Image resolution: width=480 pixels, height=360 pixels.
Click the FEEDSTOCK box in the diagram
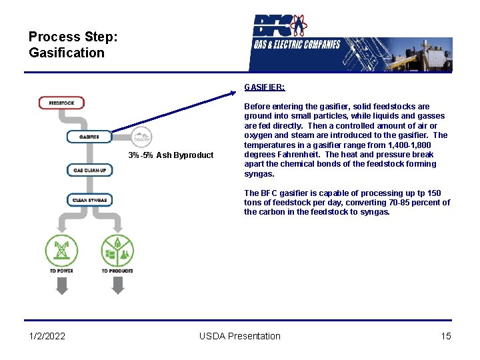[66, 103]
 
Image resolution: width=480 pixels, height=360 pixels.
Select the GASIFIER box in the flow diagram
[89, 137]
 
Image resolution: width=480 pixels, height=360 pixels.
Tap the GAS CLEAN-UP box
[90, 170]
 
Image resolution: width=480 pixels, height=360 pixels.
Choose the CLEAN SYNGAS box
[90, 199]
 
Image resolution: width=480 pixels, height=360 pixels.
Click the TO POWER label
[61, 271]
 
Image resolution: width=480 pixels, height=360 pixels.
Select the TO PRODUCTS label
[117, 271]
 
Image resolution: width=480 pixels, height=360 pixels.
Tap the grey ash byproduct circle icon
[141, 137]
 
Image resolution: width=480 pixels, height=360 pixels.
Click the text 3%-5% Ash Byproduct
[171, 155]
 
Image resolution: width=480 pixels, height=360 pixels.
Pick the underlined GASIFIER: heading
[265, 87]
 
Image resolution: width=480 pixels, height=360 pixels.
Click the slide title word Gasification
[67, 53]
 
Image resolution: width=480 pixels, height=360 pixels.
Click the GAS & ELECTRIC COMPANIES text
[297, 45]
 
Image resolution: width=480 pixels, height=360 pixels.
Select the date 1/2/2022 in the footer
[47, 336]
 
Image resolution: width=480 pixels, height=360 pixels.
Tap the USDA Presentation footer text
[240, 336]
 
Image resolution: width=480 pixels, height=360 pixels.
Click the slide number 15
[446, 336]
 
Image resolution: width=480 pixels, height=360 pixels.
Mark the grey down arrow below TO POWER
[61, 286]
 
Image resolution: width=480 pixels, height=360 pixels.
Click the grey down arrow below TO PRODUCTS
[117, 286]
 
